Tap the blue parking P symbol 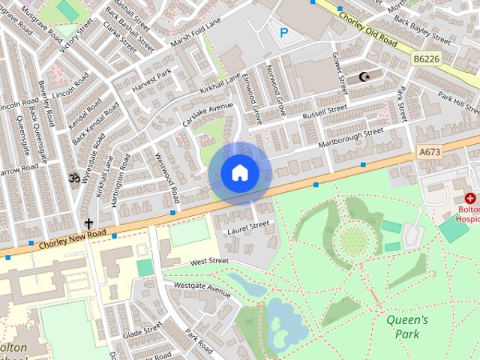[283, 32]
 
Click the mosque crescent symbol [365, 76]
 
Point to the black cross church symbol [88, 223]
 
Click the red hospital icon [470, 199]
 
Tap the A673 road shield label [429, 152]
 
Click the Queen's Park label [407, 326]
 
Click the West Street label [208, 262]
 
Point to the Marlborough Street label [351, 136]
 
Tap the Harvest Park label [152, 76]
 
